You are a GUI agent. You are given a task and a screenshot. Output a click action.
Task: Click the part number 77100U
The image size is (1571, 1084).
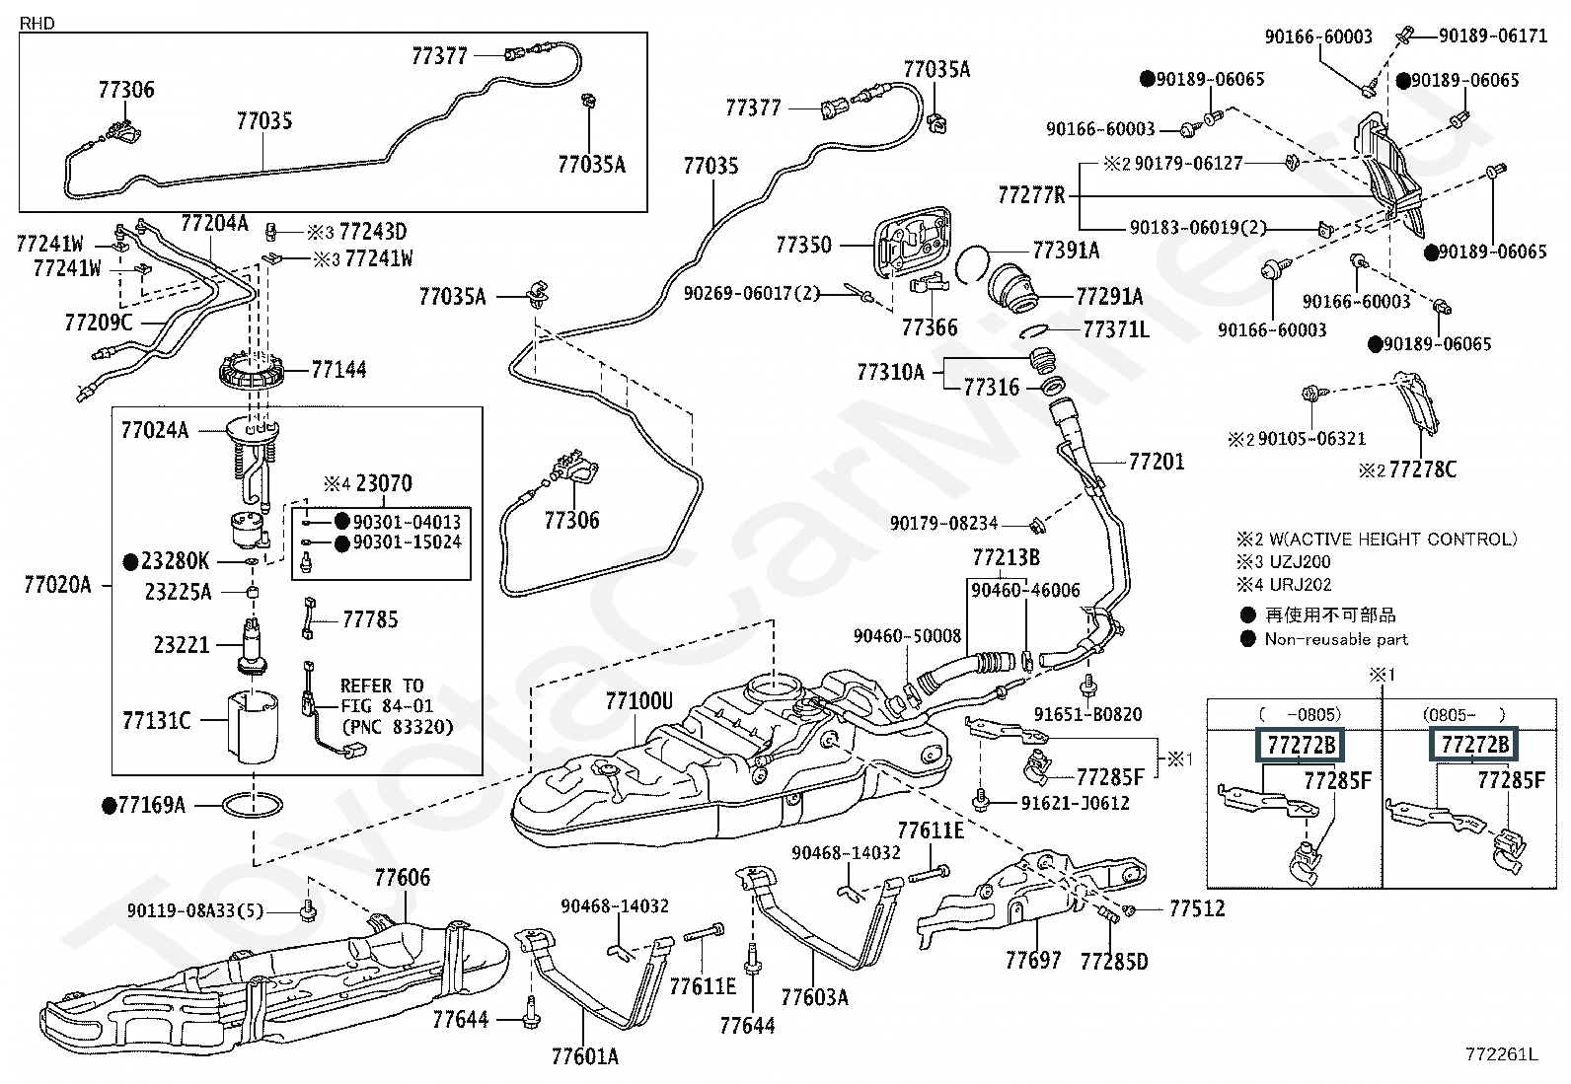point(638,701)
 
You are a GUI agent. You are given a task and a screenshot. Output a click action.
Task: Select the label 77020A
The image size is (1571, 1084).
point(57,585)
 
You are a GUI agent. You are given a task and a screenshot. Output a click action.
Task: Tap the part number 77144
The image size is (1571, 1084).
point(338,370)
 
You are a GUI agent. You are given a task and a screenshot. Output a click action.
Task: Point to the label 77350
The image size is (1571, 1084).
point(803,245)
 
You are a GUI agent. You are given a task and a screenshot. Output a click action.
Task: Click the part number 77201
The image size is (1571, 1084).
point(1157,462)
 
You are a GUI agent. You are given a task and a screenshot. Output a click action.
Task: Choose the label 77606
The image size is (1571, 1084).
point(402,877)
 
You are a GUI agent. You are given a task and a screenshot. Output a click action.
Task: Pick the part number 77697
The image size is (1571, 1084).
point(1033,960)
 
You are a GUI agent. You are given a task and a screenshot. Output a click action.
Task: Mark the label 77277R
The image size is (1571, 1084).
point(1031,194)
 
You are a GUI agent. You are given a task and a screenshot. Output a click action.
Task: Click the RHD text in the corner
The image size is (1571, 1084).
point(37,23)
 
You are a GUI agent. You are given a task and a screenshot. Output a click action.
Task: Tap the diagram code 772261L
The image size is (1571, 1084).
point(1501,1054)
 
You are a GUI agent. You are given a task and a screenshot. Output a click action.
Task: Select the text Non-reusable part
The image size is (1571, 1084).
point(1336,639)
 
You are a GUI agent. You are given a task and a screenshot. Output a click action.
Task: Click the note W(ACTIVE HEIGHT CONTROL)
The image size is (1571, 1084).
point(1391,539)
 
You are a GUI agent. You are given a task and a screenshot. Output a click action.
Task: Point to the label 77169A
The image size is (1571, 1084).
point(151,805)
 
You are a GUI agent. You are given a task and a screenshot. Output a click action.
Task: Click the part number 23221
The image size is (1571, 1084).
point(182,645)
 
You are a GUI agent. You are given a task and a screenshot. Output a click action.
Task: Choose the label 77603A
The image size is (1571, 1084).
point(814,997)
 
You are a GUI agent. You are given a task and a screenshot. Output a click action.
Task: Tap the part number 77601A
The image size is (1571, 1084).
point(584,1056)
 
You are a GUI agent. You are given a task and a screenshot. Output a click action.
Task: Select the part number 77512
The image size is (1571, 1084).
point(1197,908)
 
